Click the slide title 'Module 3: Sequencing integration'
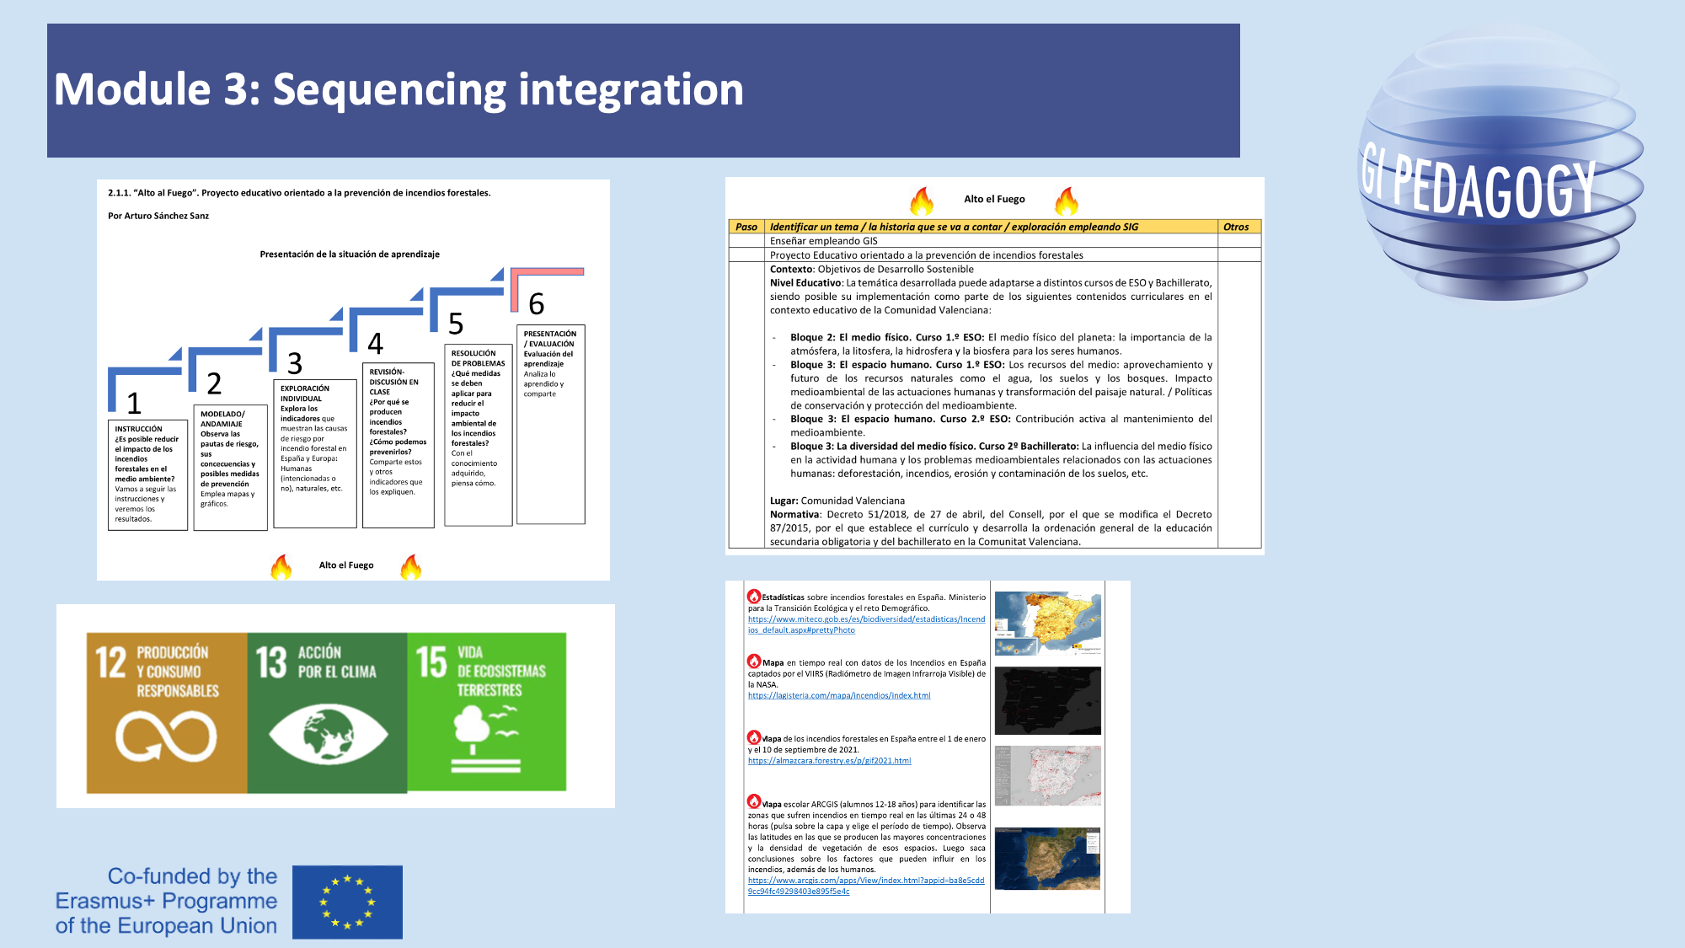(399, 89)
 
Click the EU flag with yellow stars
(347, 902)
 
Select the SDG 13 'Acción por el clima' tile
(327, 713)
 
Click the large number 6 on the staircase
(536, 304)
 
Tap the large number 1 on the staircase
(133, 404)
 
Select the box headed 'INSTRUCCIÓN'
(147, 474)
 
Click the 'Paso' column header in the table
(746, 227)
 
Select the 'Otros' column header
(1236, 227)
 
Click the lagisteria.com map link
(839, 696)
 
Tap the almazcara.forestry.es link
(829, 761)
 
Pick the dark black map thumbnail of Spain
(1047, 700)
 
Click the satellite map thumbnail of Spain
(1047, 858)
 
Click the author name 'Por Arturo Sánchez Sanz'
(158, 216)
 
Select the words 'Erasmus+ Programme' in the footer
(166, 901)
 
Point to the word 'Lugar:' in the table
(784, 501)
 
